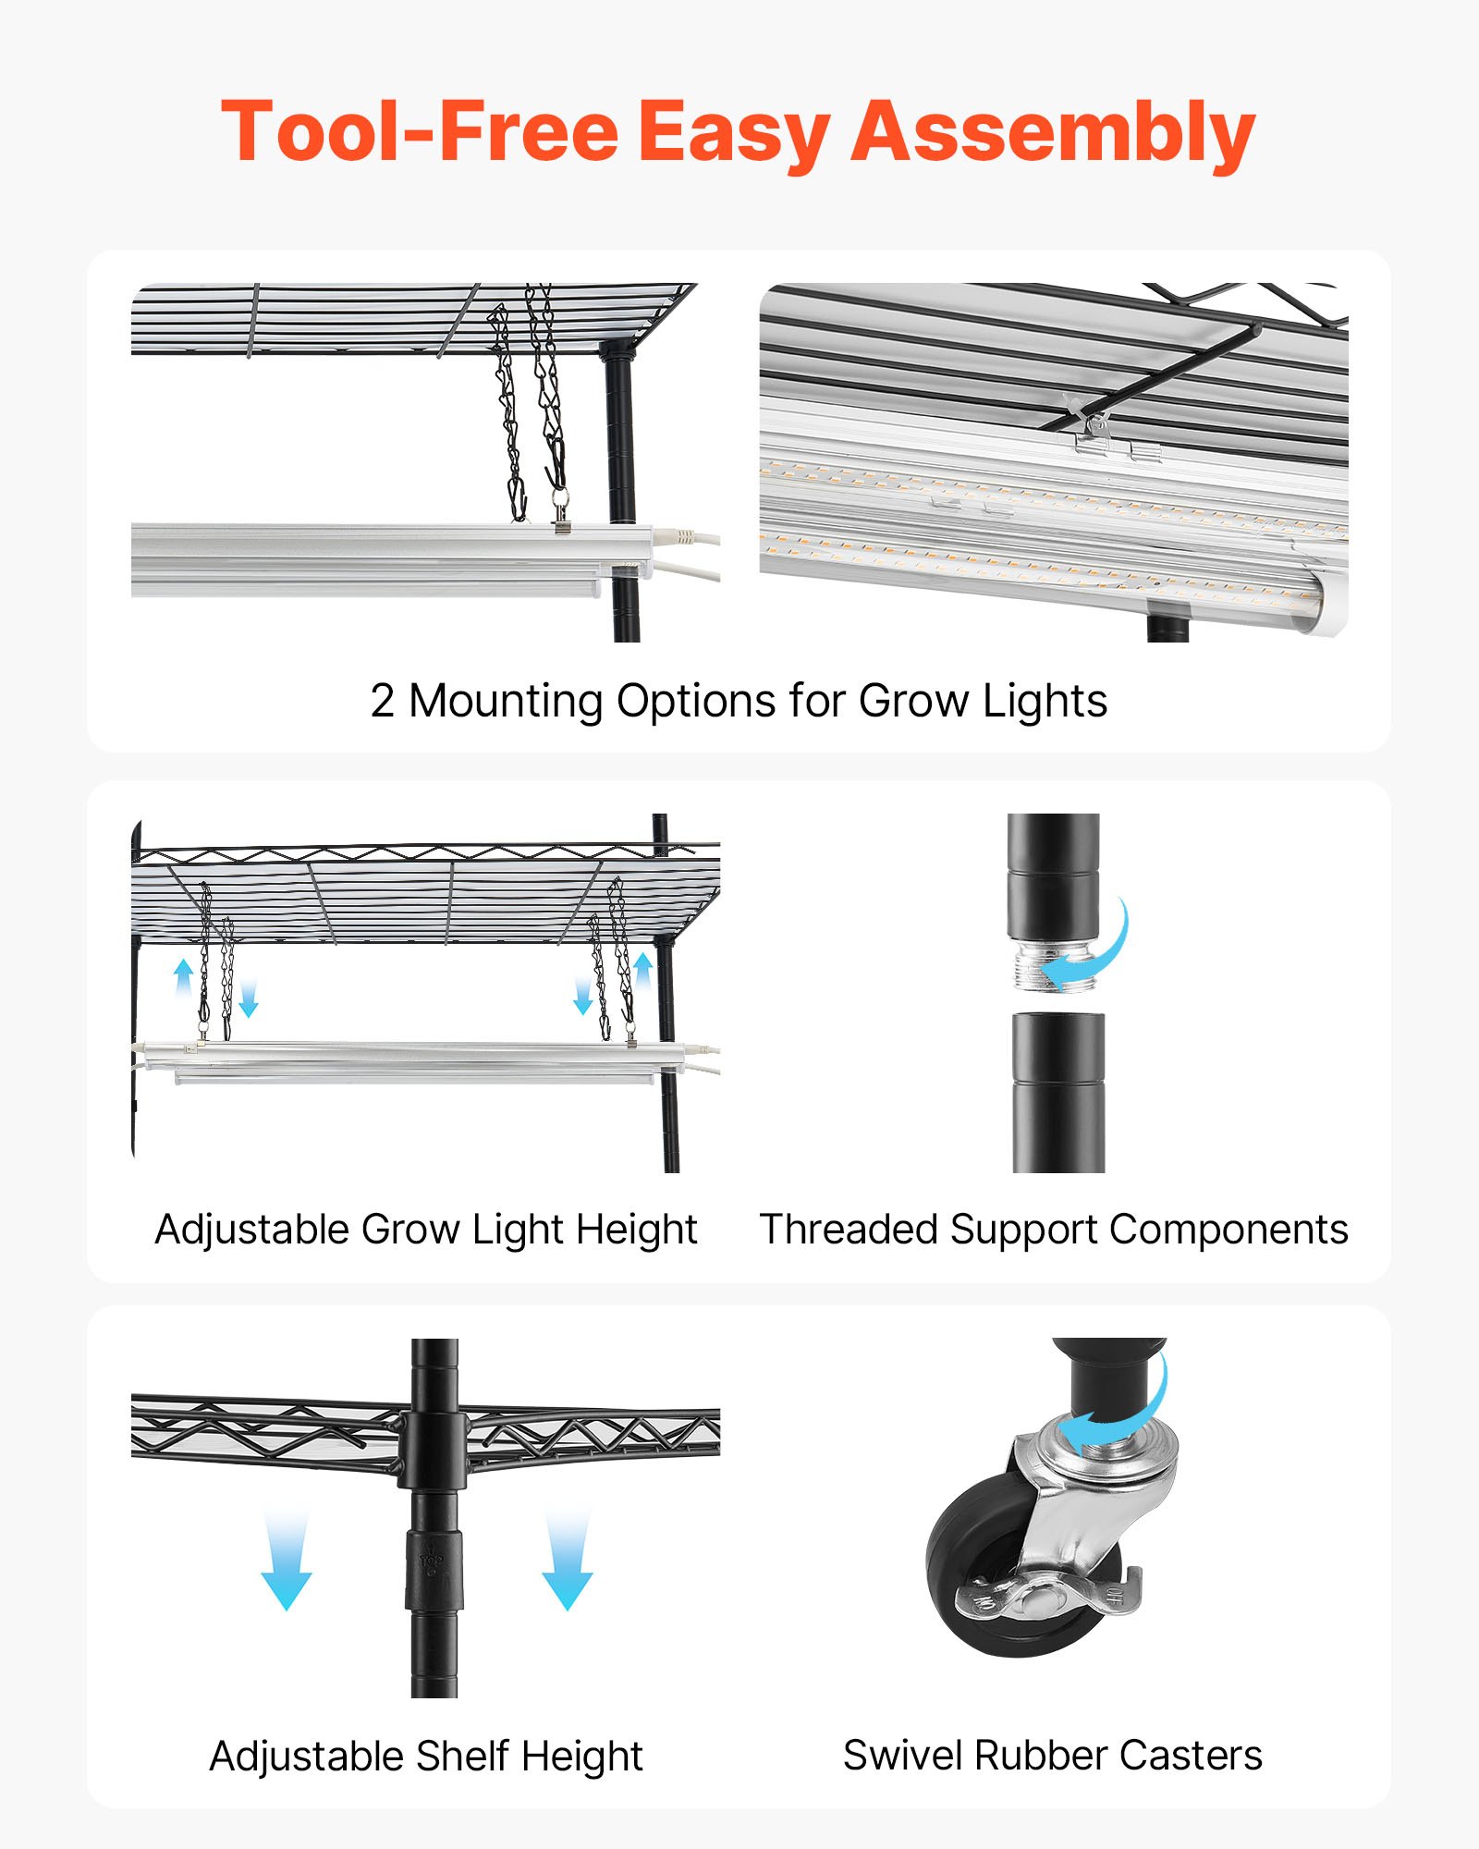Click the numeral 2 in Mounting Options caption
382,701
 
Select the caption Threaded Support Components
1053,1230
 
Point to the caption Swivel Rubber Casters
1052,1755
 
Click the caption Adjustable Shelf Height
425,1756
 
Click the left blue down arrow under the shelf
286,1562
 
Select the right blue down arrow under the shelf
567,1562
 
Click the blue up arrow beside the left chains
184,976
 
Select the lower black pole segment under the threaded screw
1058,1091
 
